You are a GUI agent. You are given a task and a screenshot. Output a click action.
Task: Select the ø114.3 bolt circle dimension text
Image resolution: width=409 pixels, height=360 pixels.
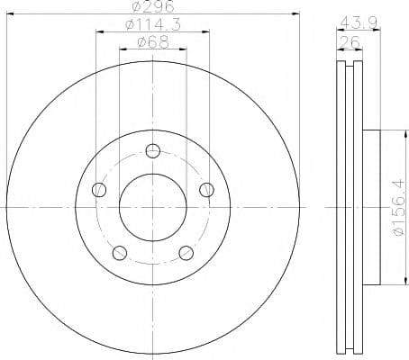[152, 25]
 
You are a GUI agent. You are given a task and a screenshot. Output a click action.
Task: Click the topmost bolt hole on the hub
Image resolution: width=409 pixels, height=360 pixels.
[152, 150]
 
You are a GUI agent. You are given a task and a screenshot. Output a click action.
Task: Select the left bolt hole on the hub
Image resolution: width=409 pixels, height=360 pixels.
[99, 189]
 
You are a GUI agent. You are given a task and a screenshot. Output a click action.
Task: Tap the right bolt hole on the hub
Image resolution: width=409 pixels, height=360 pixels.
[206, 189]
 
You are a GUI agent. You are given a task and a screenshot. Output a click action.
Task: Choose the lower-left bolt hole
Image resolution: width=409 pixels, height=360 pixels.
[119, 252]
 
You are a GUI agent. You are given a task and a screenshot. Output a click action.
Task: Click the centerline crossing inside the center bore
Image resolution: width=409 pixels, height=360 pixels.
[152, 207]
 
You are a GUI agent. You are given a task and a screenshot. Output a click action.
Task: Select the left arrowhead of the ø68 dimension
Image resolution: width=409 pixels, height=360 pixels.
[122, 50]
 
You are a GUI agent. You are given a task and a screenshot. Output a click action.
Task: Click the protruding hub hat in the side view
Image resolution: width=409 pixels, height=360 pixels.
[373, 207]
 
